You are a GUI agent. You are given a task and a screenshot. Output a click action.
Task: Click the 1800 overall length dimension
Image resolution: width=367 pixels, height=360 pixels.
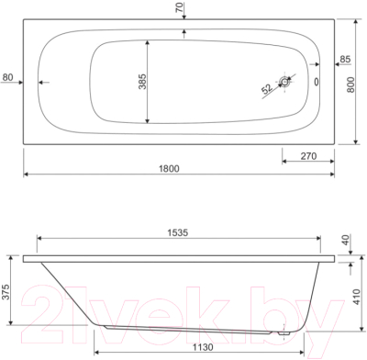169,169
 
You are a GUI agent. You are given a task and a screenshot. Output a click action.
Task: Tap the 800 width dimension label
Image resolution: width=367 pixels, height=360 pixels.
351,84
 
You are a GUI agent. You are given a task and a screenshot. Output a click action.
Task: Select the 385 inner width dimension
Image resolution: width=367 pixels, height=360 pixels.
143,82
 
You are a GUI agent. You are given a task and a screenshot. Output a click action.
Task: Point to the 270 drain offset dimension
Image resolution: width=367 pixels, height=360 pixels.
308,156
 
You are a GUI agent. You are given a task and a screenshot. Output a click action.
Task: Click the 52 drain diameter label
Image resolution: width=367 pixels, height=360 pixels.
267,89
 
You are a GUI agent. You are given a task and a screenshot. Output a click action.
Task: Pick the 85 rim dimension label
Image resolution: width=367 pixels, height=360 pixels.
345,59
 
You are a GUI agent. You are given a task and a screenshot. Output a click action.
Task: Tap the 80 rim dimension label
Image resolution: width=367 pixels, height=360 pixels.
7,77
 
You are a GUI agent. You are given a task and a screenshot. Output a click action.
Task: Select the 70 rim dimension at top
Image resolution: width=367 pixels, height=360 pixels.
181,7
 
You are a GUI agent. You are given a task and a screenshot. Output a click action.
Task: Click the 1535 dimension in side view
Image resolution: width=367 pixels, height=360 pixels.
178,232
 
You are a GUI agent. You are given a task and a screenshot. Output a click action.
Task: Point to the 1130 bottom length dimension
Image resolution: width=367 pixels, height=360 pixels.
202,347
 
